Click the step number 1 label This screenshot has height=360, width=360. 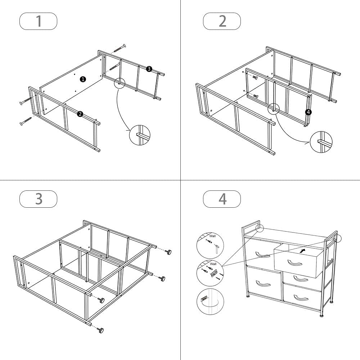pos(38,21)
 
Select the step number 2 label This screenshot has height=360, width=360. pos(222,21)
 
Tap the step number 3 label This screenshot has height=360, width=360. pos(38,199)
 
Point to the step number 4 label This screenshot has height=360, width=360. pos(222,199)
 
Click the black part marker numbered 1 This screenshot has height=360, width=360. pos(83,79)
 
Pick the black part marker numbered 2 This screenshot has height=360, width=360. pos(80,114)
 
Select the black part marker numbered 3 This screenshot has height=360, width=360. pos(149,69)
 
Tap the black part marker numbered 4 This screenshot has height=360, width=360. pos(308,112)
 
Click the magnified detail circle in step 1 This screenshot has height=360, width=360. pos(140,135)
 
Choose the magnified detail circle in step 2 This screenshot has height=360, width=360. pos(321,142)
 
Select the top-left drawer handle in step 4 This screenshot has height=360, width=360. pos(262,255)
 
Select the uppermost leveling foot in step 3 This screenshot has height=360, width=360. pos(168,251)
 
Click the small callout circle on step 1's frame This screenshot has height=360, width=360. pos(120,83)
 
